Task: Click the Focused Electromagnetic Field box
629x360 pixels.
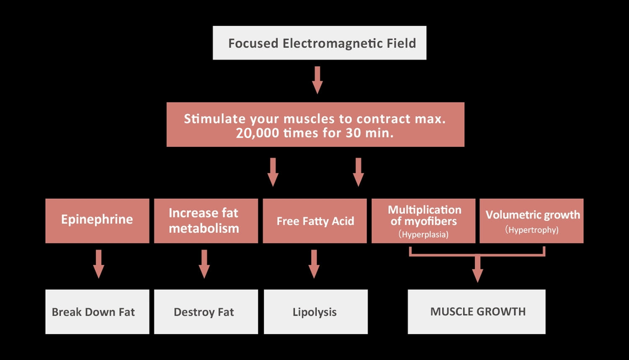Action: point(320,43)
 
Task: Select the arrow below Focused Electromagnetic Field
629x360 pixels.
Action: point(317,80)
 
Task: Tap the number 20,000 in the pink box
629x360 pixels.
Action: point(257,133)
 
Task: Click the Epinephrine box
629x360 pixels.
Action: point(97,221)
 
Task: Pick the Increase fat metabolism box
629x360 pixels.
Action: point(206,221)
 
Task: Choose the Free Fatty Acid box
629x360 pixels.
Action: point(315,221)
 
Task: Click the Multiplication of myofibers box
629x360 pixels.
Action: point(424,221)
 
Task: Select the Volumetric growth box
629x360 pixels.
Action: point(532,221)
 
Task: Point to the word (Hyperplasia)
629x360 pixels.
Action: point(424,235)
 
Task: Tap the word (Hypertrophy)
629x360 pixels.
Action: point(532,230)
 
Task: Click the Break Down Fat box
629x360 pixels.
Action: point(97,312)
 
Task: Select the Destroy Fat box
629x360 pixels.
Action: point(206,312)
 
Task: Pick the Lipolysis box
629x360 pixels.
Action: point(316,312)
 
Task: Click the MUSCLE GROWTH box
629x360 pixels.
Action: point(476,312)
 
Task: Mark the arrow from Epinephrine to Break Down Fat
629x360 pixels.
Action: point(99,264)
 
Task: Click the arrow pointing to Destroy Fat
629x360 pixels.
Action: point(204,264)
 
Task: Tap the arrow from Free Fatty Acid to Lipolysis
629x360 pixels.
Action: point(314,264)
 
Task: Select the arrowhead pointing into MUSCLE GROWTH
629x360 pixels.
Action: point(477,275)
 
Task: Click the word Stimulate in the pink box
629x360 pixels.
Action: point(215,119)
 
